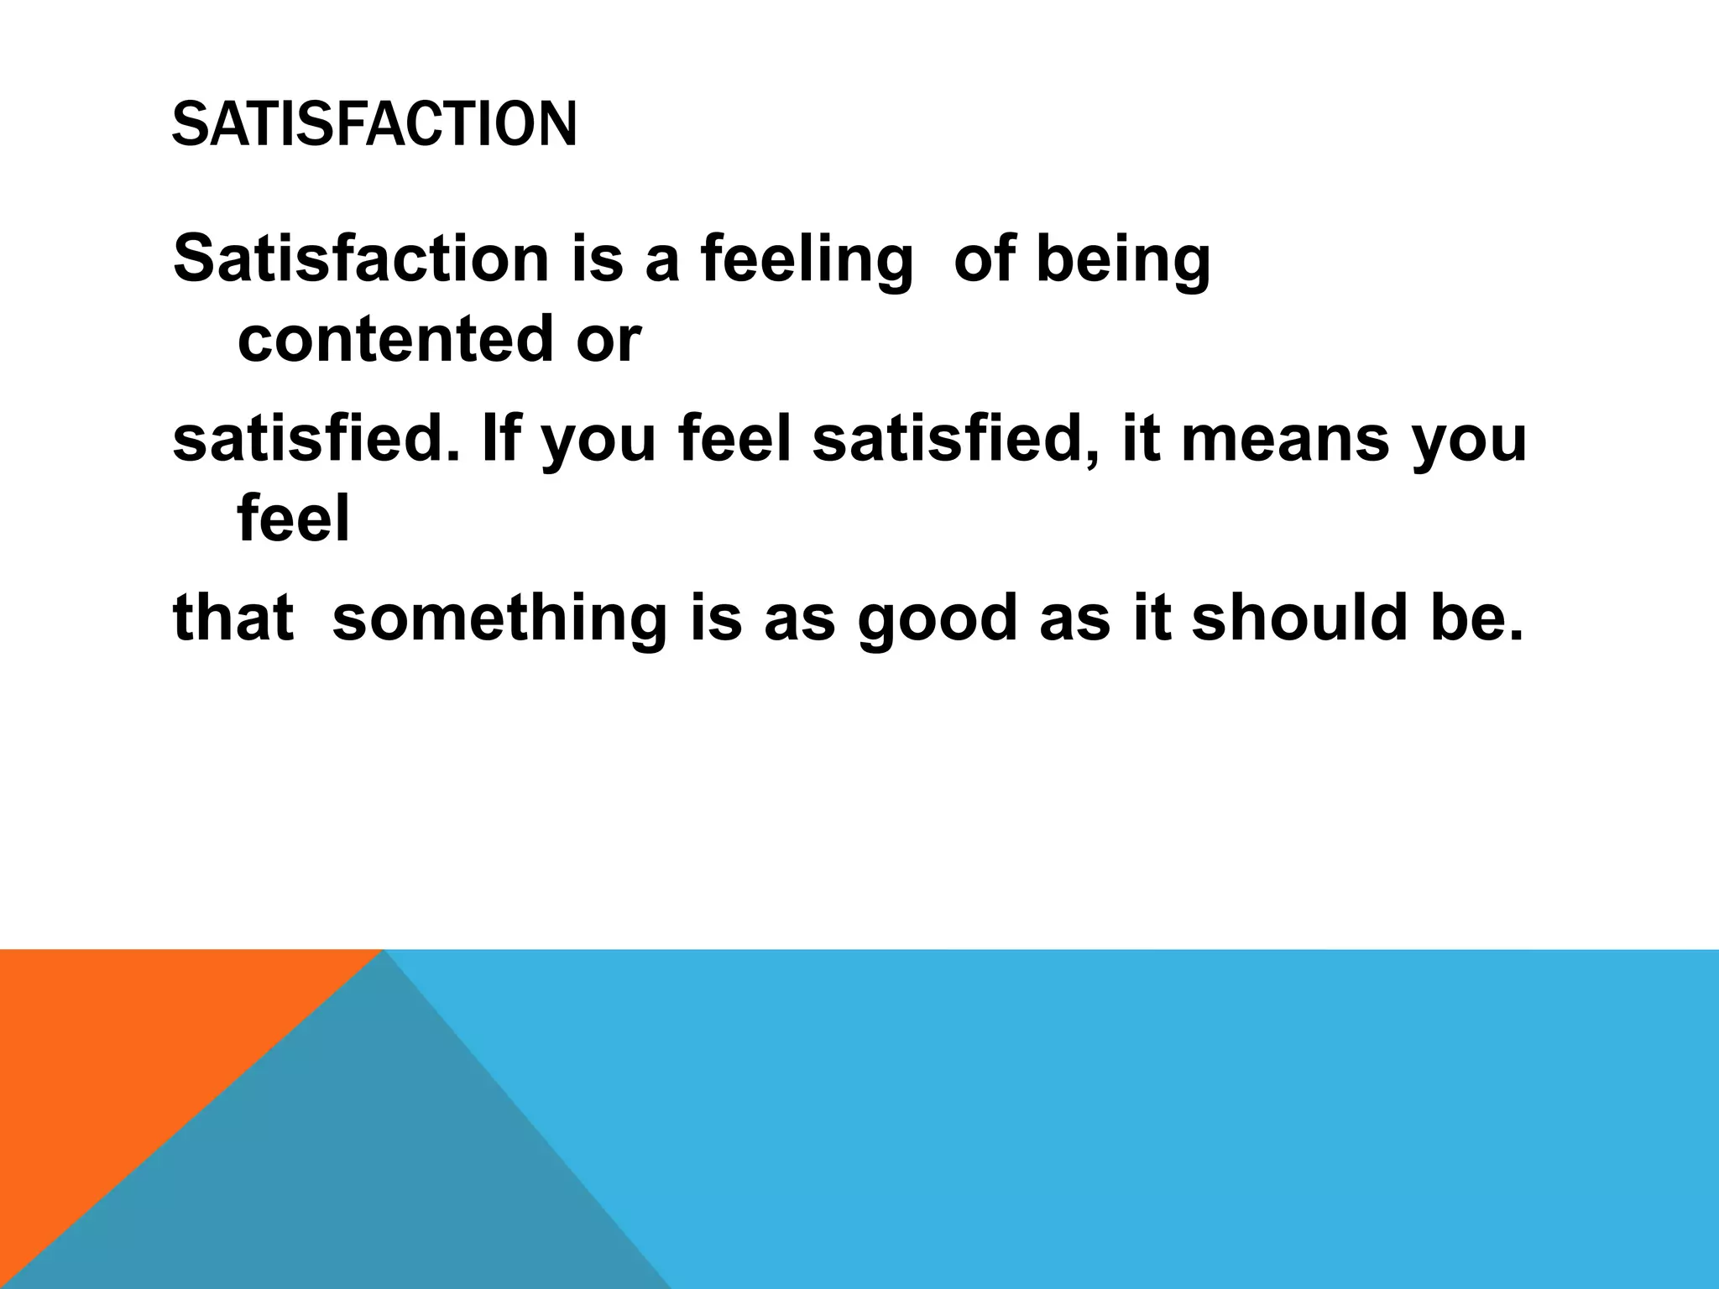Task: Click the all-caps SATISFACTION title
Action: pyautogui.click(x=374, y=123)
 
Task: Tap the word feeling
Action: pyautogui.click(x=807, y=260)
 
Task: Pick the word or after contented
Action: pyautogui.click(x=609, y=341)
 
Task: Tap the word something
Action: pyautogui.click(x=500, y=618)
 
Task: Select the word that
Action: pyautogui.click(x=233, y=617)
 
